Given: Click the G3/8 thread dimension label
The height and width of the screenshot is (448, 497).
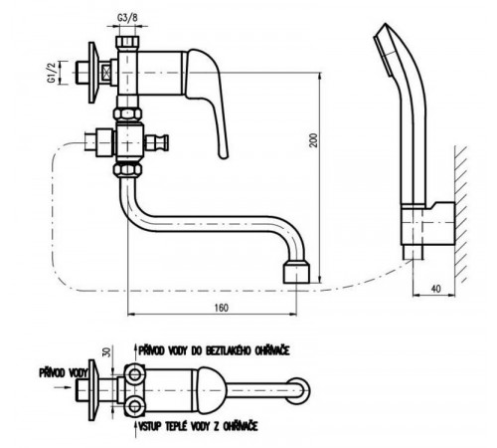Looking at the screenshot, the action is coord(127,18).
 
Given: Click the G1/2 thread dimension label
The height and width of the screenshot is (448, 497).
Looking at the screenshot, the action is coord(52,72).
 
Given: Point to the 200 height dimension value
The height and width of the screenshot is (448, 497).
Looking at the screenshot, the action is coord(314,139).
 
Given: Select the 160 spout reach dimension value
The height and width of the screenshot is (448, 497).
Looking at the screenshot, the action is coord(221,308).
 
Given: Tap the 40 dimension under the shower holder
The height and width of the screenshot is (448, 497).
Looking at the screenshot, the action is coord(436,289).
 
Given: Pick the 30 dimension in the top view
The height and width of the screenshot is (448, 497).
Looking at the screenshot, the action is coord(106,352).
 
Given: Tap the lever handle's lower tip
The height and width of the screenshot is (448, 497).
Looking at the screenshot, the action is coord(223,155).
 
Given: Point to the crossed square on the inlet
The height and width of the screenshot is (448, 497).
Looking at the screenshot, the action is coord(106,73).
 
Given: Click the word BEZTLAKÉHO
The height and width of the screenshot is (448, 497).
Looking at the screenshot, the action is coord(228,350).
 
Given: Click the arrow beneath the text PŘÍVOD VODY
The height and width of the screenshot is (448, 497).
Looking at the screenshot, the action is coord(63,387).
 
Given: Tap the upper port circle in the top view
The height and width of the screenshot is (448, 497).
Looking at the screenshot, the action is coord(134,374).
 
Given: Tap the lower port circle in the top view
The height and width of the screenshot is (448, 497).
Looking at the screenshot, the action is coord(134,405).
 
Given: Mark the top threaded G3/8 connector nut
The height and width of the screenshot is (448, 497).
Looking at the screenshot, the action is coord(127,42).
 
